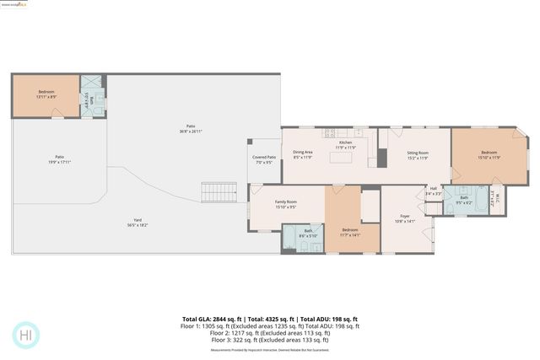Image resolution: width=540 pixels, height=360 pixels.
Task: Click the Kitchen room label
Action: (346, 145)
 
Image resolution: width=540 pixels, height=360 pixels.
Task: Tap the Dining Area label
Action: (302, 154)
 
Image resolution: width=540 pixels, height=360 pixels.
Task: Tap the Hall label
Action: (433, 191)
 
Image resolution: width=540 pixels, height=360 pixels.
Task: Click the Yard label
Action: (137, 223)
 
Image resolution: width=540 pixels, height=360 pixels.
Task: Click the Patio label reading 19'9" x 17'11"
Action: (60, 159)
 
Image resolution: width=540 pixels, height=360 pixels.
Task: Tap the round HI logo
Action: (25, 335)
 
